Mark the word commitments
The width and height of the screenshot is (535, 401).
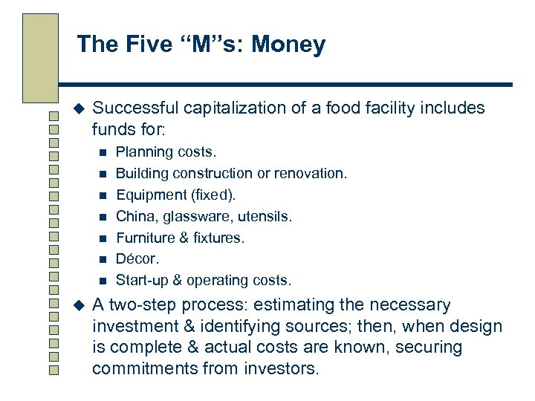[x=144, y=368]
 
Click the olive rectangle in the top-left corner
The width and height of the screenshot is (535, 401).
[x=40, y=56]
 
